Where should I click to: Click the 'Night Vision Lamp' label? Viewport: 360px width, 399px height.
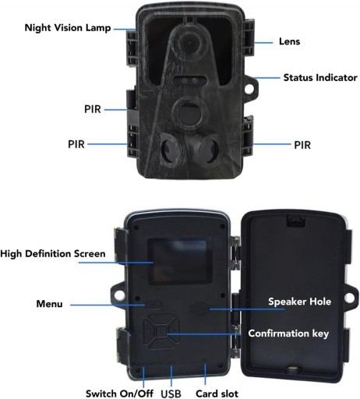coord(68,28)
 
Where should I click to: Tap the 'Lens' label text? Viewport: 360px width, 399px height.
coord(289,41)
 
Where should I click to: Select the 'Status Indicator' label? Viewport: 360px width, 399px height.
coord(320,78)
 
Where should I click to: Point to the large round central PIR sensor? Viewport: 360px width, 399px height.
coord(189,113)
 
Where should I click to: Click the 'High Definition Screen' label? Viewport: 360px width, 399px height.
coord(53,254)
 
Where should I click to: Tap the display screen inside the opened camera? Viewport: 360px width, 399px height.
coord(180,261)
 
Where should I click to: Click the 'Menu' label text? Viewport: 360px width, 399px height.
coord(49,304)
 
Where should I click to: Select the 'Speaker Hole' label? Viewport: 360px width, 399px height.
coord(299,302)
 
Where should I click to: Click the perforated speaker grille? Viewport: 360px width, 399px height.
coord(199,308)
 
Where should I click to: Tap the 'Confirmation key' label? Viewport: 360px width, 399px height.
coord(288,334)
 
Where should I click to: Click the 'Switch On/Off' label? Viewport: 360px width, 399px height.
coord(119,394)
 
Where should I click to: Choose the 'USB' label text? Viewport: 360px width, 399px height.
coord(171,394)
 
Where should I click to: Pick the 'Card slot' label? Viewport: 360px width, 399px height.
coord(217,394)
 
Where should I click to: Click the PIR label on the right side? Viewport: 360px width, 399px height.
coord(302,145)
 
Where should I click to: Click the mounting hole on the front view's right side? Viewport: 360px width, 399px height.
coord(249,89)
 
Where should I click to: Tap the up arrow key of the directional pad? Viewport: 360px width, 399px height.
coord(161,320)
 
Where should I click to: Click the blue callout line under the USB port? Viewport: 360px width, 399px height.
coord(171,376)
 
